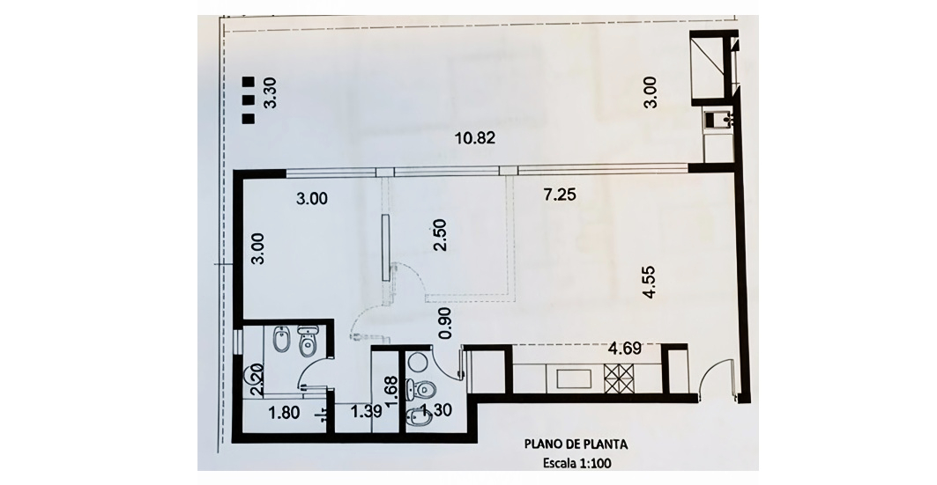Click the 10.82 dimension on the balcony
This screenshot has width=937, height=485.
(x=475, y=138)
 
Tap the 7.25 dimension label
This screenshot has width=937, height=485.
(x=560, y=194)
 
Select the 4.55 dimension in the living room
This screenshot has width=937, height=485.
(x=649, y=282)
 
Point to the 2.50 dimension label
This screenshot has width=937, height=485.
(x=441, y=236)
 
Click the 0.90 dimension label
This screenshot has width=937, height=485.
(x=444, y=324)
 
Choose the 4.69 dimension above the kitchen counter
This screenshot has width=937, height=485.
(x=624, y=348)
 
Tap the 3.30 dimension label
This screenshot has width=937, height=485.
(x=271, y=94)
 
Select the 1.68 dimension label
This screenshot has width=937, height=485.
(x=392, y=392)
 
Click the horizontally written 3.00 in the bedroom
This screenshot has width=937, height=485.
(x=312, y=199)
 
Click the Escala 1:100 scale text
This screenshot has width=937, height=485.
(x=576, y=463)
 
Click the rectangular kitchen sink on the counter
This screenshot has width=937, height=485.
(x=574, y=378)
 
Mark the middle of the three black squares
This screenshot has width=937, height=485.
(x=248, y=99)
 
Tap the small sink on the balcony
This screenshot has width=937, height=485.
(x=715, y=120)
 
